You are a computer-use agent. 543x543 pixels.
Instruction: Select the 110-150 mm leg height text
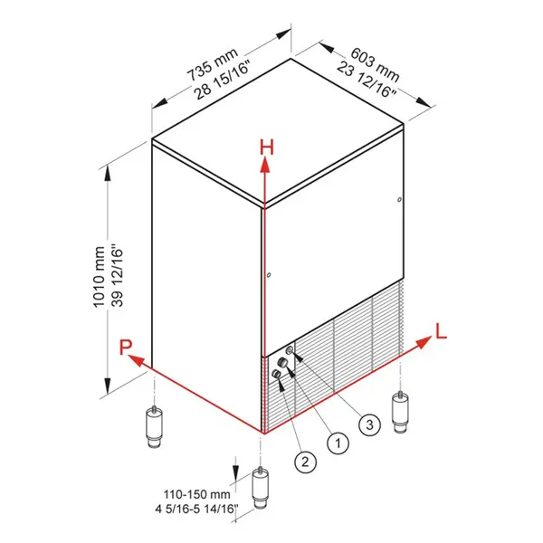click(x=195, y=495)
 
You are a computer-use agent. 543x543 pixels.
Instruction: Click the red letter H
click(x=265, y=147)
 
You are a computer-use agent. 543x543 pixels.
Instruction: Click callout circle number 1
click(x=337, y=443)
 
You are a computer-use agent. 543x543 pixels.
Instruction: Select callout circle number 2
click(x=305, y=462)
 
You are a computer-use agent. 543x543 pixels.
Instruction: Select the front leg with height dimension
click(x=262, y=489)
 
